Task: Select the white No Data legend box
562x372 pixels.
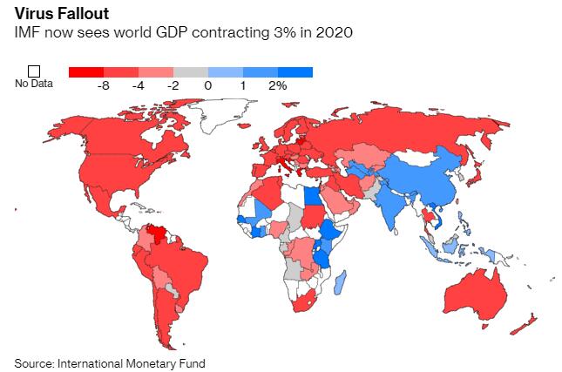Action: [34, 71]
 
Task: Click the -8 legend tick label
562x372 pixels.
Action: [104, 85]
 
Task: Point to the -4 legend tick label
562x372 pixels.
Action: [139, 85]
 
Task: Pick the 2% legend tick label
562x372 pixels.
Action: [277, 85]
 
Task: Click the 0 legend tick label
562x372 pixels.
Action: [208, 85]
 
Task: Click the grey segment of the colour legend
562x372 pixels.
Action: [191, 72]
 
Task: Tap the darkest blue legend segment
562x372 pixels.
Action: [295, 72]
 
